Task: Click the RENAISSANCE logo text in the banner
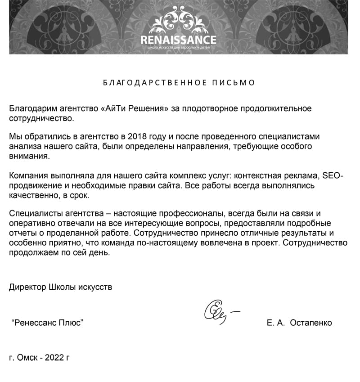(x=178, y=40)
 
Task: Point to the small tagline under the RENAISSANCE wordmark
(x=178, y=47)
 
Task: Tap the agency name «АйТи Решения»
(x=134, y=109)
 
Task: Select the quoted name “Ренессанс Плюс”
(x=47, y=323)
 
